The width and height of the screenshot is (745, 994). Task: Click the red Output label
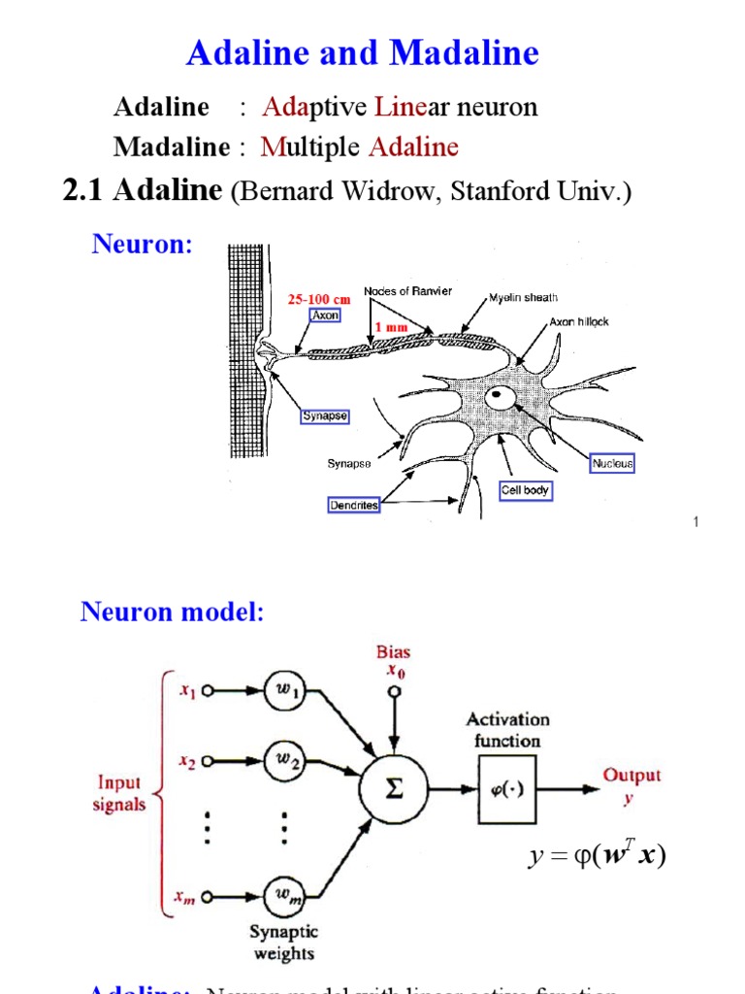point(632,776)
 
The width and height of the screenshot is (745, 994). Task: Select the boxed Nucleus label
point(612,464)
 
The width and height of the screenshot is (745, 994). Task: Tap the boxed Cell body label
point(525,491)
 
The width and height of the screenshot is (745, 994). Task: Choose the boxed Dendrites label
point(353,506)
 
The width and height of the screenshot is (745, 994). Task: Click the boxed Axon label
point(325,315)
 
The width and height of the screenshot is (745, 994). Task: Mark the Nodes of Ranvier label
point(407,291)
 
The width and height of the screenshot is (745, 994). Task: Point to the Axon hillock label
point(579,321)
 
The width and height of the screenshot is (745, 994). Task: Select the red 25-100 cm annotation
point(318,300)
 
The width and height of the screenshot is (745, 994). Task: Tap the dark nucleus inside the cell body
point(501,396)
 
